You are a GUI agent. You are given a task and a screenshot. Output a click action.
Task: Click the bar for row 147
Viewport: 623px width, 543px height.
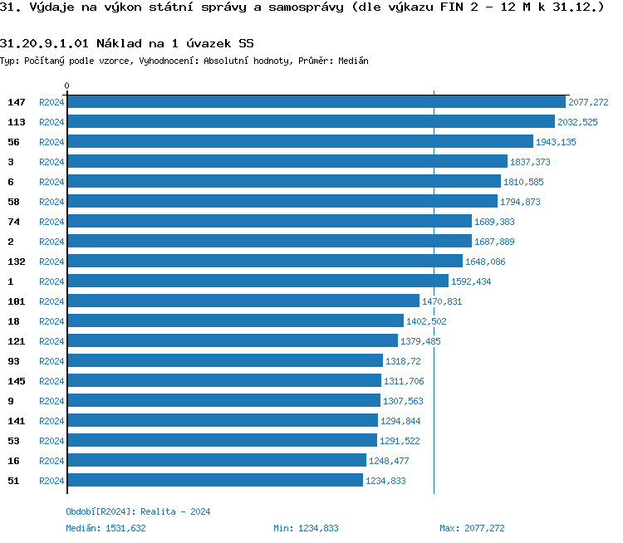[316, 102]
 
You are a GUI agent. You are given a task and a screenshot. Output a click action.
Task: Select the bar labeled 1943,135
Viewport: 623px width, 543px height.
[300, 142]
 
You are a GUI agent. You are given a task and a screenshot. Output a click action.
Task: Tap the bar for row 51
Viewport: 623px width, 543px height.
[214, 481]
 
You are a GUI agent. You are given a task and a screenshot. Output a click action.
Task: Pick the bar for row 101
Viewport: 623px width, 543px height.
[243, 301]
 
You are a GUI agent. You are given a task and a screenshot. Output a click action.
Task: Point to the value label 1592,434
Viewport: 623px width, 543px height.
[471, 281]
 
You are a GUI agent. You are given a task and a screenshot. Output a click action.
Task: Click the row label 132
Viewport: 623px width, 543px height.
[17, 262]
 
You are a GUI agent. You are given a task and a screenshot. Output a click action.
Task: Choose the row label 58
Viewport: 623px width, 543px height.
[13, 202]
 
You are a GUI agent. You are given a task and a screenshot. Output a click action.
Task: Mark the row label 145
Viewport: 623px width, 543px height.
[17, 381]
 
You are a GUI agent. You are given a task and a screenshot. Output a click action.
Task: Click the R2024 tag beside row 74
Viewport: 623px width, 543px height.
[52, 222]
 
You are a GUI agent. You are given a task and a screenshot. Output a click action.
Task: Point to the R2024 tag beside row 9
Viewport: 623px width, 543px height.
[52, 401]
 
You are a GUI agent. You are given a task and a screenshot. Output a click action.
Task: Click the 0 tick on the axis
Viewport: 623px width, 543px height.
[66, 86]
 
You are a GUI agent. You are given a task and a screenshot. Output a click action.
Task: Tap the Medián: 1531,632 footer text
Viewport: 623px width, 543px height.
[105, 528]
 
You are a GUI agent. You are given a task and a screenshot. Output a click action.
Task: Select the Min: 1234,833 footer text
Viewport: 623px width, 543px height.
[306, 528]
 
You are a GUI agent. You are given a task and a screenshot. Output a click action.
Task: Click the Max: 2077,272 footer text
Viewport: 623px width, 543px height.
[472, 528]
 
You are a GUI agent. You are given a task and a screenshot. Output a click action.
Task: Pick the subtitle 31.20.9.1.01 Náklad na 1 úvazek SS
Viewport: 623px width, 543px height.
[127, 42]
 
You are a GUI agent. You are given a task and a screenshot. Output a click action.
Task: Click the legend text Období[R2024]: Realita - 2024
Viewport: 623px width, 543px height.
[138, 511]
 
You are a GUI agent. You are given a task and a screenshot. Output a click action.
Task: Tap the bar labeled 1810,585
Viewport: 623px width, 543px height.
[283, 182]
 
